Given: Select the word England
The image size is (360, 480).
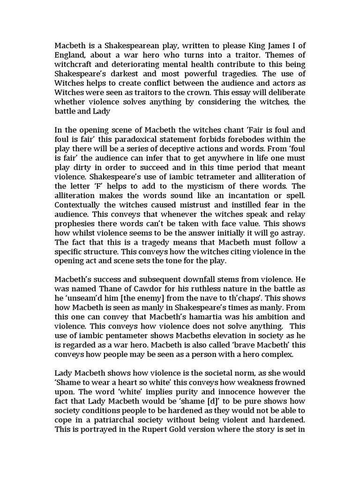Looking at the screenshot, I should click(x=71, y=56).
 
